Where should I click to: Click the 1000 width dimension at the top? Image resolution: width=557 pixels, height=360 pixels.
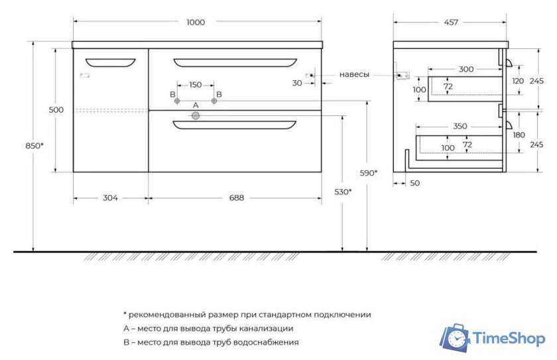(x=196, y=22)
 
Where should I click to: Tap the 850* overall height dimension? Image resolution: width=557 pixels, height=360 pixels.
(x=37, y=145)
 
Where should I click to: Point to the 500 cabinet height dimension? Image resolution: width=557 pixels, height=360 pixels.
(x=56, y=110)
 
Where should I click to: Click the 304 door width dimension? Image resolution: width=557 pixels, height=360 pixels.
(x=110, y=198)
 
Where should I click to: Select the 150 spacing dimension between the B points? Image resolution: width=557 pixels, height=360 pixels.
(x=196, y=85)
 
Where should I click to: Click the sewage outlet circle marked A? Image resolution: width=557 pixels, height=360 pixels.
(x=196, y=116)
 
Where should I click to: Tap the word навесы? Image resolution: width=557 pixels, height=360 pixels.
(x=354, y=75)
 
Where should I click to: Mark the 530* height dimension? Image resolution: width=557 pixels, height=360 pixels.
(x=342, y=192)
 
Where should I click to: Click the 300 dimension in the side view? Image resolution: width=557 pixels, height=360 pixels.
(x=466, y=69)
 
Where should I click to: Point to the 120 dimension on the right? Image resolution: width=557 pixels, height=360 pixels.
(x=518, y=81)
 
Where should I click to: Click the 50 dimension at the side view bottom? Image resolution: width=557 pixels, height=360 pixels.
(x=415, y=183)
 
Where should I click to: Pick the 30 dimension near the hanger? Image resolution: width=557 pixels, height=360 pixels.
(x=296, y=83)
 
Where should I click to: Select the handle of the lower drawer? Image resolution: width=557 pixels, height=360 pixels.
(x=235, y=125)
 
